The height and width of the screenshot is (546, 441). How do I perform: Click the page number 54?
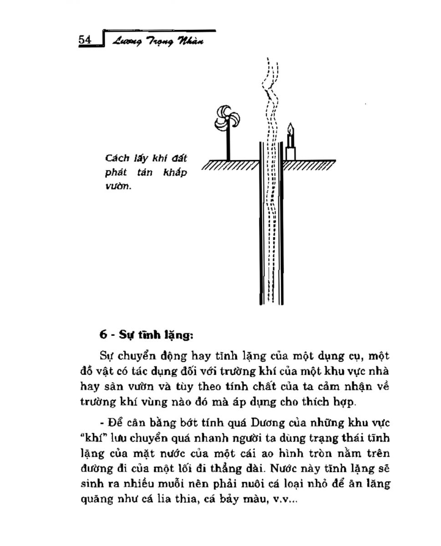coord(85,40)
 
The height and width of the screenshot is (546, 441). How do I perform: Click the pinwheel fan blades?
coord(226,118)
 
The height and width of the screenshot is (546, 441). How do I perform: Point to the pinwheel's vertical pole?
coord(228,145)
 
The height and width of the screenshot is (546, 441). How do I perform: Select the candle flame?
coord(289,127)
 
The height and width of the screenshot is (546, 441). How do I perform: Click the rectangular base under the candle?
coord(290,153)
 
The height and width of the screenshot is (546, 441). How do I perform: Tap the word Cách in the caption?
coord(116,158)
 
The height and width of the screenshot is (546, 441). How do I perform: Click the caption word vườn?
coord(117,186)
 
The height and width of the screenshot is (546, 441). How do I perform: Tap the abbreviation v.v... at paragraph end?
coord(284,499)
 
